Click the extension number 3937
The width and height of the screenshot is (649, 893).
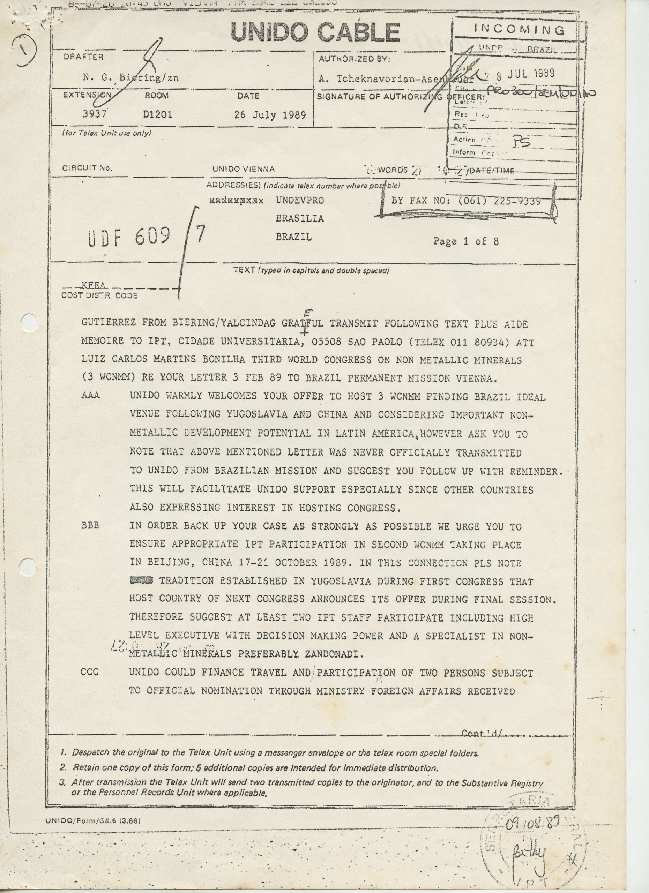coord(95,114)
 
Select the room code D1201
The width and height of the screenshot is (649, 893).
coord(157,114)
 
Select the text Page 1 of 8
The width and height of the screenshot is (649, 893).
coord(466,241)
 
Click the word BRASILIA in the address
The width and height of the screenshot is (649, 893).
coord(300,218)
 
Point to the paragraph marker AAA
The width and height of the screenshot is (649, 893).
coord(91,396)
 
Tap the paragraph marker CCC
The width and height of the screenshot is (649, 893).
coord(90,672)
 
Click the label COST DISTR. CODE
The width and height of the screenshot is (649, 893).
coord(99,295)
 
